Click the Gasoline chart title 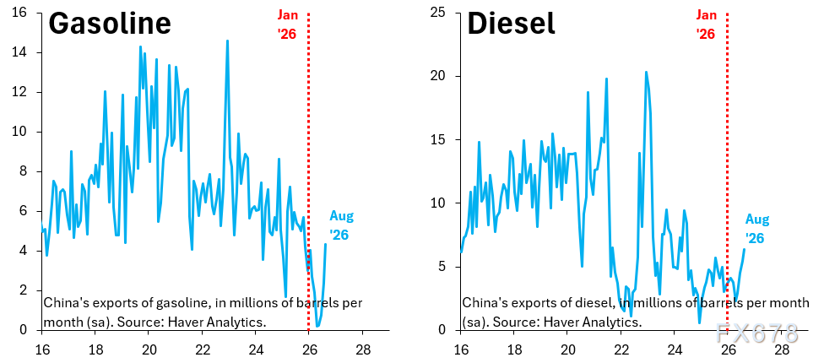110,24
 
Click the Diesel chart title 511,24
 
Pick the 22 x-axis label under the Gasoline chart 202,349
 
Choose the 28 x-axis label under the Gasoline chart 362,349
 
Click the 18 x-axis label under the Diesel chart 514,349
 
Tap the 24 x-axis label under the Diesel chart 675,349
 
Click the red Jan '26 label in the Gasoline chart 287,24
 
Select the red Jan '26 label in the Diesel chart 707,24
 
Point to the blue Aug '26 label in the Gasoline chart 341,225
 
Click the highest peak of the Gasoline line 228,41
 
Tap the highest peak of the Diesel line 646,72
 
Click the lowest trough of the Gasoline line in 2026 317,326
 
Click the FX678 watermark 756,333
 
